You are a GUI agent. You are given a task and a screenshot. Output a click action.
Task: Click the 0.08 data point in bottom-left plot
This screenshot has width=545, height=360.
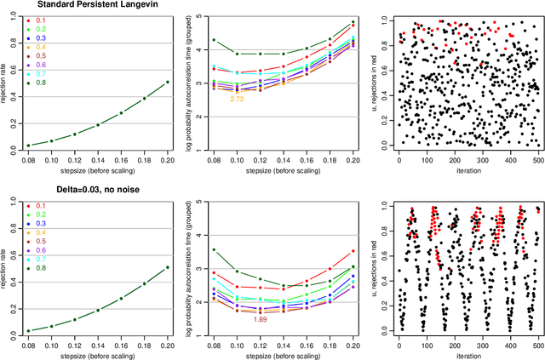coord(28,330)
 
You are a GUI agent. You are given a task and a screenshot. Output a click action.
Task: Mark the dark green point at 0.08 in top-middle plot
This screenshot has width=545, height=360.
coord(214,40)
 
